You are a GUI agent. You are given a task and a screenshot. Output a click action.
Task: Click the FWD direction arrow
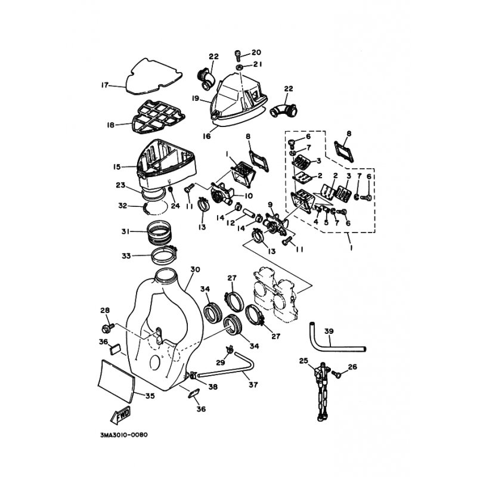click(120, 414)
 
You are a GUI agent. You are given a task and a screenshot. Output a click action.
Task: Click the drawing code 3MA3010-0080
click(123, 435)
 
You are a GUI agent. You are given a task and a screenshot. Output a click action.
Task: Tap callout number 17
click(105, 85)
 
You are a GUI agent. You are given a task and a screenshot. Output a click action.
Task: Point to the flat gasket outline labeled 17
click(154, 76)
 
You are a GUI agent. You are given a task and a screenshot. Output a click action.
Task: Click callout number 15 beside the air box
click(117, 167)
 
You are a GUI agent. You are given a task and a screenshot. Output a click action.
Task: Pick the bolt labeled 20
click(238, 56)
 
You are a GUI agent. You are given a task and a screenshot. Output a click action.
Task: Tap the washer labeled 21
click(240, 67)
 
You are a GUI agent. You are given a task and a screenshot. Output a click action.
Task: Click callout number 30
click(196, 270)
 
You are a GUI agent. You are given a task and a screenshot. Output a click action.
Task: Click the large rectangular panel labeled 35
click(116, 379)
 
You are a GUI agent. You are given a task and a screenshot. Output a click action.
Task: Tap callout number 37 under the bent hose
click(253, 385)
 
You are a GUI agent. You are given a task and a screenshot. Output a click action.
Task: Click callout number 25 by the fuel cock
click(303, 361)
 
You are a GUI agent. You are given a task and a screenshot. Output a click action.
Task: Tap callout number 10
click(249, 196)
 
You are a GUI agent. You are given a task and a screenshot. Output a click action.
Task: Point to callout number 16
click(206, 136)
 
